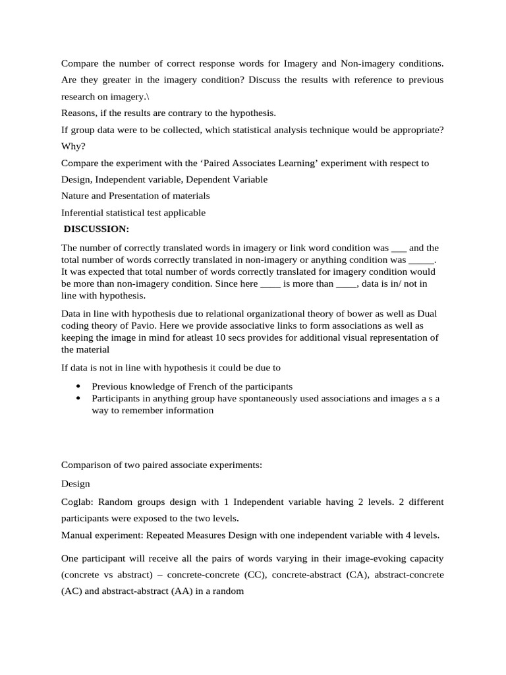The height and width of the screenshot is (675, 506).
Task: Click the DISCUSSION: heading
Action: click(96, 229)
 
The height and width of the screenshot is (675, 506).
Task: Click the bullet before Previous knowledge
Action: click(78, 386)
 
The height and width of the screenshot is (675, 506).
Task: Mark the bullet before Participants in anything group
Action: click(78, 399)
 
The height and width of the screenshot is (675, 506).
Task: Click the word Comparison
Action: click(88, 465)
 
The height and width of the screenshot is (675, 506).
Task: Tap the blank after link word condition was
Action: click(399, 249)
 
